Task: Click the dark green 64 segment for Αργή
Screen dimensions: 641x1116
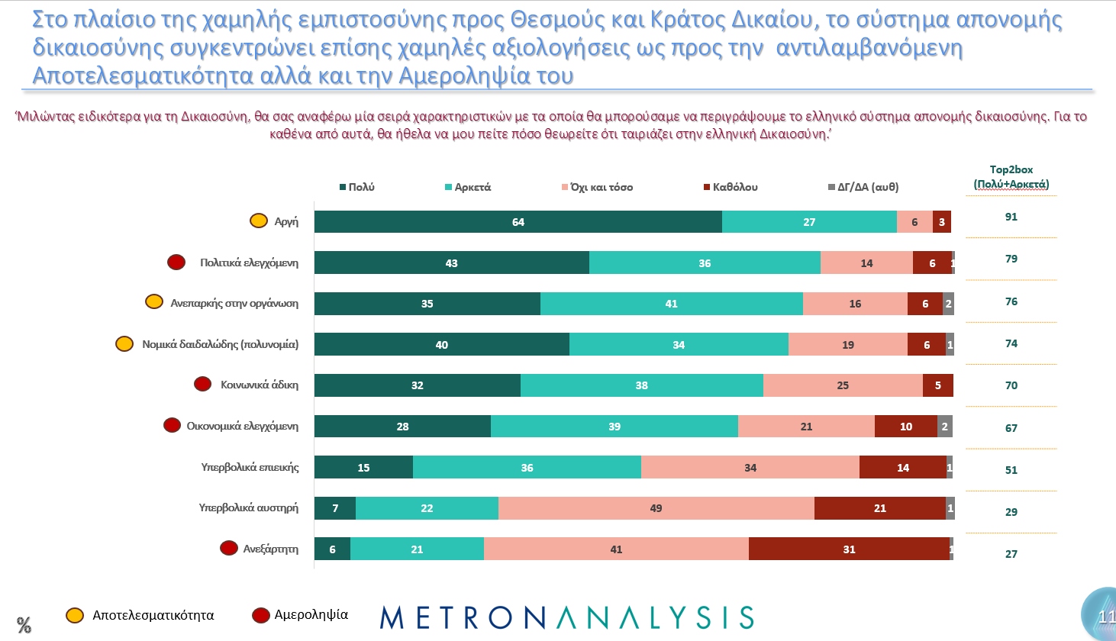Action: pos(518,222)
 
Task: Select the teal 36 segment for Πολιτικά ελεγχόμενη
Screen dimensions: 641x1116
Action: pos(705,263)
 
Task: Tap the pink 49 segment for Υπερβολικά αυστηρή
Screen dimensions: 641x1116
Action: pos(656,508)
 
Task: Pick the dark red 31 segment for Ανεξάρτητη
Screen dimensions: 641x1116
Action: pos(849,549)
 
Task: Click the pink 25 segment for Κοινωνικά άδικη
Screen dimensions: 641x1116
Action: pos(843,385)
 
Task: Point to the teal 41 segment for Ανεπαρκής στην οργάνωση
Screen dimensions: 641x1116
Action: pos(671,304)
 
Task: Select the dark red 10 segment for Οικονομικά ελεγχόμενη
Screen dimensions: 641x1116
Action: pos(905,427)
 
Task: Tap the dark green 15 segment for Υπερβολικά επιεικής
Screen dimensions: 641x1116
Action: pos(363,468)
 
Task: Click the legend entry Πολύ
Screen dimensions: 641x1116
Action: pos(357,187)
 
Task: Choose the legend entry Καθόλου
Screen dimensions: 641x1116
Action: pos(731,187)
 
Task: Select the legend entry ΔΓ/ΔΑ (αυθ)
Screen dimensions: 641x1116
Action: pos(863,187)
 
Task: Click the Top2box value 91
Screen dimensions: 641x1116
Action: pos(1011,217)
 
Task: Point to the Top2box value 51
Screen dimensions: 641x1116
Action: pos(1011,470)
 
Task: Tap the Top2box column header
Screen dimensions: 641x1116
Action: pos(1011,177)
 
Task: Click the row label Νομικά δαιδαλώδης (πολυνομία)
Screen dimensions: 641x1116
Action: pos(220,344)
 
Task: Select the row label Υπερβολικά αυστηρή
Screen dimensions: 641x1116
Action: pos(248,507)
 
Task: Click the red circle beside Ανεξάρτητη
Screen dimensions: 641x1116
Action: pos(228,548)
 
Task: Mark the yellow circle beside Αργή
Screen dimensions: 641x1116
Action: pos(259,221)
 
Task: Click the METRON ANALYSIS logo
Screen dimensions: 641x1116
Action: pos(566,617)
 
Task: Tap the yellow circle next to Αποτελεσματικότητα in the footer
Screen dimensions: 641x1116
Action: pos(75,615)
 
